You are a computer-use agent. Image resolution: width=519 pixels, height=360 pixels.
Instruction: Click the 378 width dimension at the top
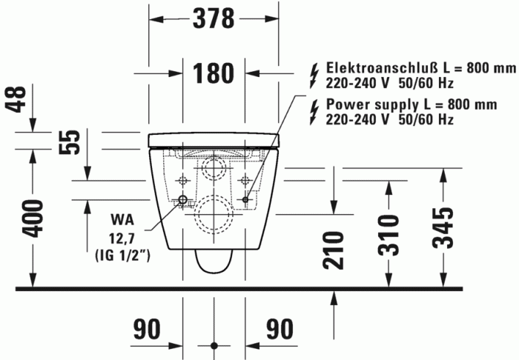[x=214, y=18]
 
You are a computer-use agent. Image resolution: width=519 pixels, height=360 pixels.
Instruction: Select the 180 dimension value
[x=214, y=73]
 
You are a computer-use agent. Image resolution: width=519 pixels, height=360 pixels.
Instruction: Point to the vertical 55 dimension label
[x=69, y=143]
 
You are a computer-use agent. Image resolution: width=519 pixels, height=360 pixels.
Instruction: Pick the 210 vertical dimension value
[x=334, y=249]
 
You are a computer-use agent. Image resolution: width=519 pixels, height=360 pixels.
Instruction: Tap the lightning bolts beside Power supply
[x=314, y=111]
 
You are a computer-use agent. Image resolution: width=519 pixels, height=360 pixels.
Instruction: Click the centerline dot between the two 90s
[x=214, y=345]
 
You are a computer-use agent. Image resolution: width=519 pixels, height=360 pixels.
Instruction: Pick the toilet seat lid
[x=214, y=139]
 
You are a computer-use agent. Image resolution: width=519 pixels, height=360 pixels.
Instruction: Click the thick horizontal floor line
[x=245, y=287]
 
